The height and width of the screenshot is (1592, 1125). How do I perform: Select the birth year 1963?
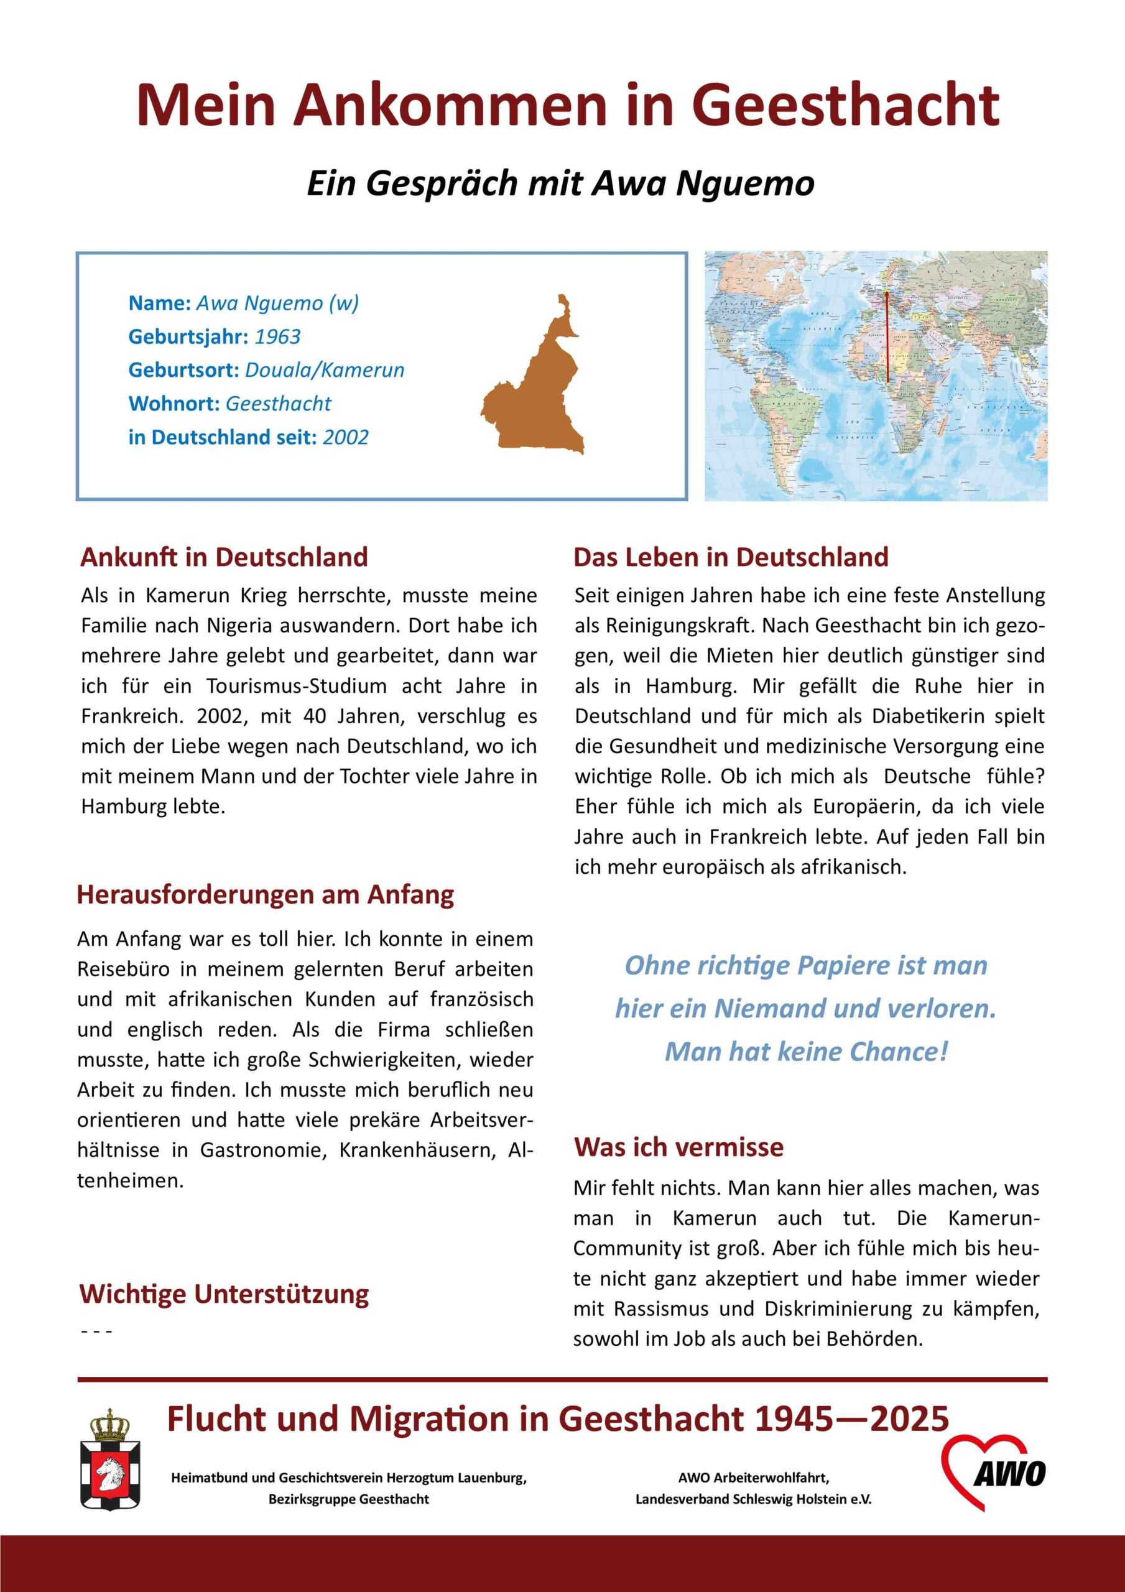click(x=277, y=337)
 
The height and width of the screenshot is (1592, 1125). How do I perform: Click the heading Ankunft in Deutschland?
click(x=224, y=557)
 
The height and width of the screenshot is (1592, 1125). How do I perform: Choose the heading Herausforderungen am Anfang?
click(x=266, y=894)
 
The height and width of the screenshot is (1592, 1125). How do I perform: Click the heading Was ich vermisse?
click(x=678, y=1147)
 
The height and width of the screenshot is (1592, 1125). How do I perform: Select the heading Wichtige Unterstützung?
click(x=224, y=1294)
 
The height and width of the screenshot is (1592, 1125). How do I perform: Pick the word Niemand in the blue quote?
click(x=771, y=1008)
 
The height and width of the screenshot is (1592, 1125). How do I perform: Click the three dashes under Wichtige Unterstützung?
click(x=96, y=1332)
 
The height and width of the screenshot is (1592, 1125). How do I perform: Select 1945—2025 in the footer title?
click(x=852, y=1419)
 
